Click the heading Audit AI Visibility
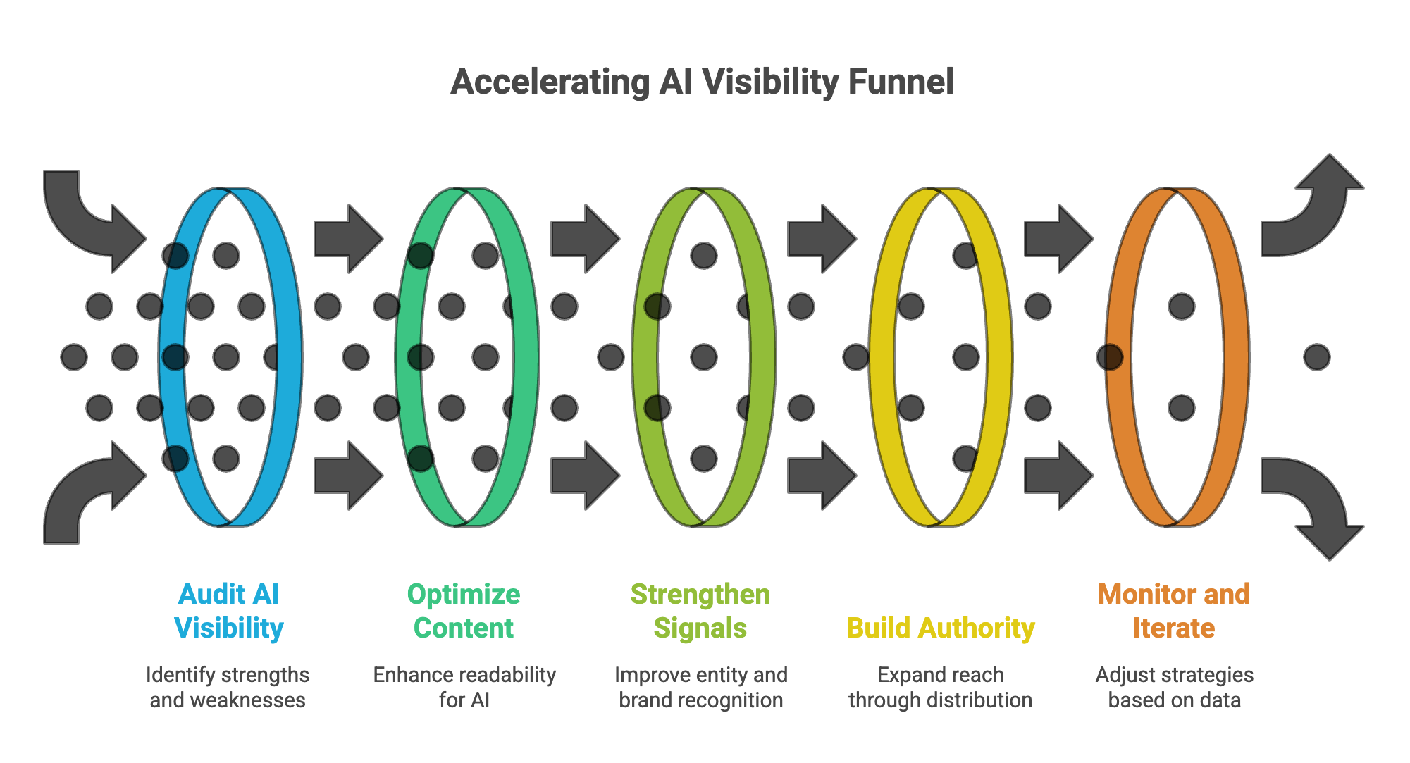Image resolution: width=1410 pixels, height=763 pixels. [229, 611]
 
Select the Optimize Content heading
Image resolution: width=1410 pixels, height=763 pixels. [464, 611]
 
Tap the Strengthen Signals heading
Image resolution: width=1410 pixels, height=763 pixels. [700, 611]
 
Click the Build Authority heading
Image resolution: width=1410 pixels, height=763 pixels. [940, 628]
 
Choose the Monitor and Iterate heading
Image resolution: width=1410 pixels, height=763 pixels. [1174, 611]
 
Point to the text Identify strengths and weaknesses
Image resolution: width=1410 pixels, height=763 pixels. [228, 688]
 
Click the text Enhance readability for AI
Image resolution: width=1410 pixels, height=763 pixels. [464, 688]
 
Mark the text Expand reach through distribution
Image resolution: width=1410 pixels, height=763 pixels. [940, 688]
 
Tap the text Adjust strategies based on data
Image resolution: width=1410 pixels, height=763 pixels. [1175, 688]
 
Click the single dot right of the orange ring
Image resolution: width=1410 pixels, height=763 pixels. [1316, 357]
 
